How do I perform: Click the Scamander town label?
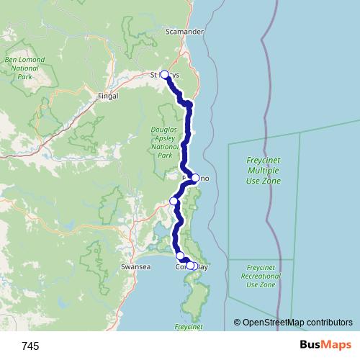[x=185, y=32]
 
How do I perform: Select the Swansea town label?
[x=137, y=266]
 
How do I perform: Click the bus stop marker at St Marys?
[x=164, y=74]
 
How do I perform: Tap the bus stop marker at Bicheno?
[x=195, y=177]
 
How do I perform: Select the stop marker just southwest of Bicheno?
[x=174, y=201]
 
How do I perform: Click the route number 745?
[x=30, y=346]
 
